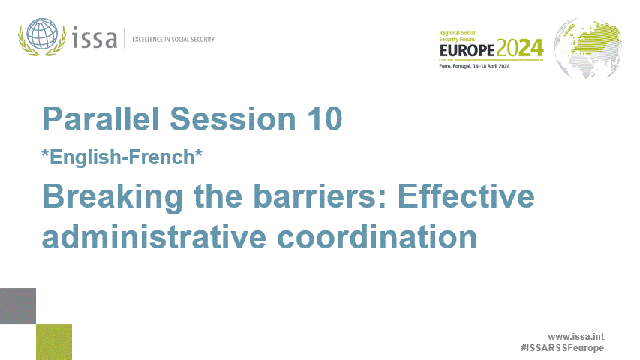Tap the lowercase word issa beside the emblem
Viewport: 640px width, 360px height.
[x=95, y=37]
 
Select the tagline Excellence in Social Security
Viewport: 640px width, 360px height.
[x=173, y=39]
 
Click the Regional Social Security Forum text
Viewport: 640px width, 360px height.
[x=459, y=37]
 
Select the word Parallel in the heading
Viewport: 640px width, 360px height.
[x=101, y=119]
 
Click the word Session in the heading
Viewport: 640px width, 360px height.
[x=231, y=119]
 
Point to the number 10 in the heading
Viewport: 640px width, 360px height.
[x=323, y=119]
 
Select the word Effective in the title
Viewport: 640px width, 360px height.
[x=464, y=197]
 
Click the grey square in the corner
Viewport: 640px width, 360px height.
[x=18, y=306]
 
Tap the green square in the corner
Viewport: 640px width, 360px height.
[x=54, y=341]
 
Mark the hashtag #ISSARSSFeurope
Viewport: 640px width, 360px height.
[x=562, y=348]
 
